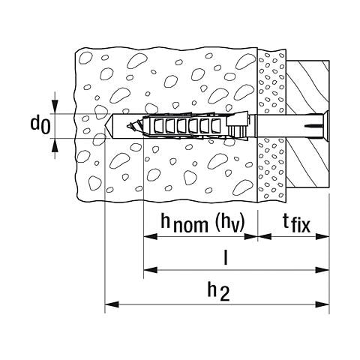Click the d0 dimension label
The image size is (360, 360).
point(40,125)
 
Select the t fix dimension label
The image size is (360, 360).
point(296,223)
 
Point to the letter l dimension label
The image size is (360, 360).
point(226,256)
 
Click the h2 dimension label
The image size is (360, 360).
point(218,291)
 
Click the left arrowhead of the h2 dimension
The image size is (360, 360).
point(112,304)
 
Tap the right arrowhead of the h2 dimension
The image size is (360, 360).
point(322,304)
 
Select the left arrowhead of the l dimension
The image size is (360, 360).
point(151,270)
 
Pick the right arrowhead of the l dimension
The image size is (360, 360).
point(322,270)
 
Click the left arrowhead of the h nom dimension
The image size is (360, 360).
point(151,236)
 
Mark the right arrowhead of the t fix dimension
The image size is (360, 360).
point(322,236)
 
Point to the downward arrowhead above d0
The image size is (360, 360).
point(55,106)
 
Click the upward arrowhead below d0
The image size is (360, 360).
point(55,145)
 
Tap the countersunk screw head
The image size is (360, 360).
point(325,126)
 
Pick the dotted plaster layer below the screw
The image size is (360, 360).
point(271,170)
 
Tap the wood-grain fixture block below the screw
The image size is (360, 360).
point(307,163)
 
